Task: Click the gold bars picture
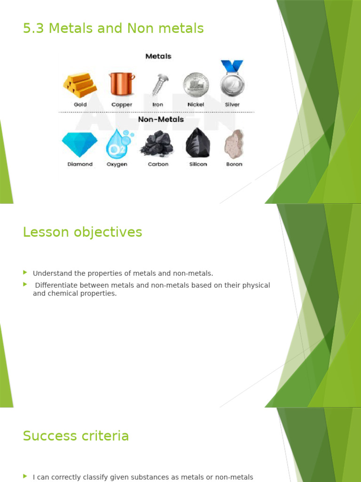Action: tap(80, 85)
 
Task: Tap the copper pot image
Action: tap(122, 84)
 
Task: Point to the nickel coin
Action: tap(196, 85)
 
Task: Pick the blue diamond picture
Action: tap(79, 144)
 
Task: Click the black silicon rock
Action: tap(198, 143)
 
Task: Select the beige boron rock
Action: tap(234, 144)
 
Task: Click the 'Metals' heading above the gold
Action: tap(158, 56)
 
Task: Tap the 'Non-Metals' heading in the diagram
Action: tap(161, 119)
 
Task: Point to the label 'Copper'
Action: tap(122, 105)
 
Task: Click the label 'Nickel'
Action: tap(196, 104)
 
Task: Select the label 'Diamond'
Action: tap(80, 164)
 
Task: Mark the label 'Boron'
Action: tap(234, 164)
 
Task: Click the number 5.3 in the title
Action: tap(33, 28)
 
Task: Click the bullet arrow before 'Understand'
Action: tap(25, 273)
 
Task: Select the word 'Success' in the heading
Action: tap(49, 436)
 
